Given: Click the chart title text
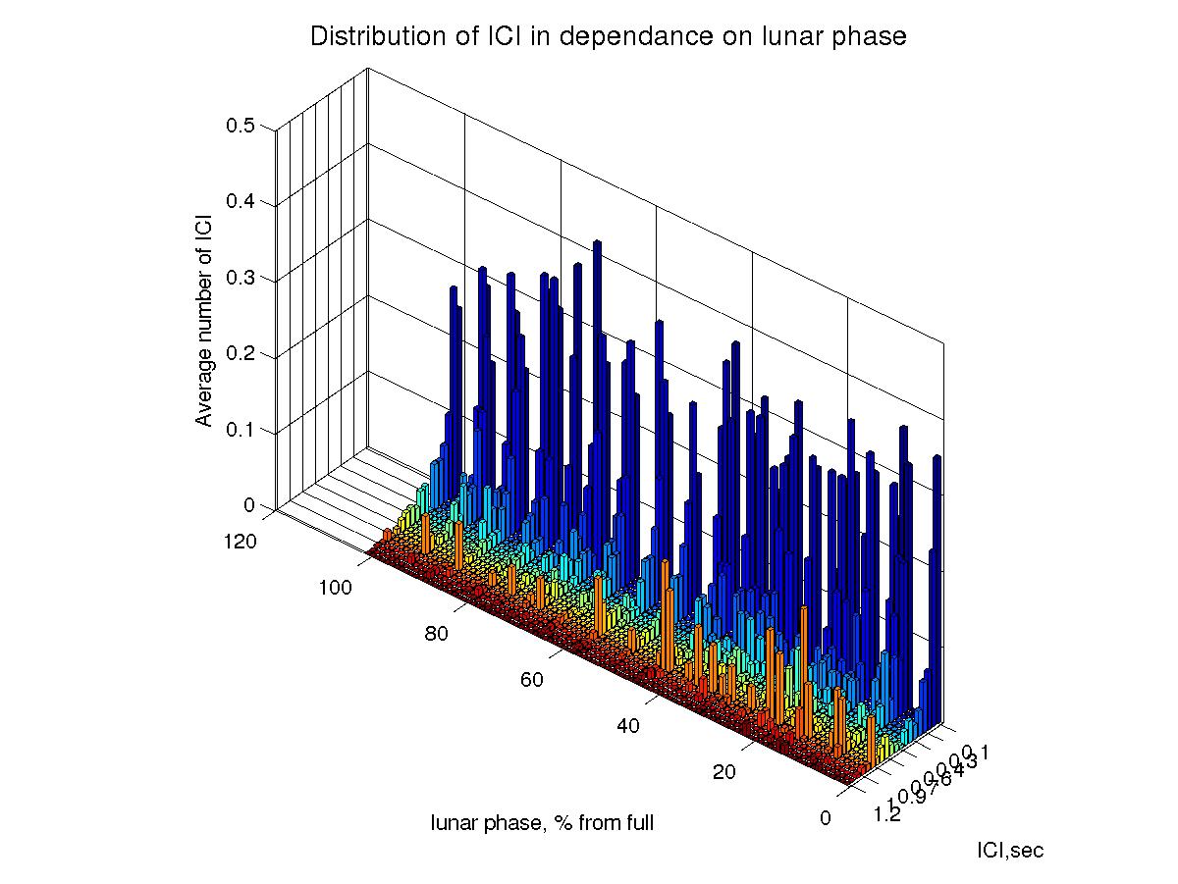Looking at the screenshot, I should [608, 37].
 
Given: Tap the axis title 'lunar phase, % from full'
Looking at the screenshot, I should [542, 823].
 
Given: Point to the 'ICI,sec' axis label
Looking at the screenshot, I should [1010, 851].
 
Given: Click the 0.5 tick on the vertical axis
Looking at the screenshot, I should [241, 126].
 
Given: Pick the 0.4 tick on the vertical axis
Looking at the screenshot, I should [241, 202].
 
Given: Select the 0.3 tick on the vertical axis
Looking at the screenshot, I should [241, 278].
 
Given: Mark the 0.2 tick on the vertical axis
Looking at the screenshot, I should [241, 354].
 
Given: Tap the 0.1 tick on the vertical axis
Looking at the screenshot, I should [241, 430].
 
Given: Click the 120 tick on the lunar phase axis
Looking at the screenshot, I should [241, 541].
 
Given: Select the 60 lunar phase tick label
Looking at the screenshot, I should [532, 681].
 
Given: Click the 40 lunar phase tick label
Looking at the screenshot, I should [628, 727].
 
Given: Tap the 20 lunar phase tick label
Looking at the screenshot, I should [724, 773].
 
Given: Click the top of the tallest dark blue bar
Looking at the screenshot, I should [596, 241].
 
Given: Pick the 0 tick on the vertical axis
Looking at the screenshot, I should [248, 505].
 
